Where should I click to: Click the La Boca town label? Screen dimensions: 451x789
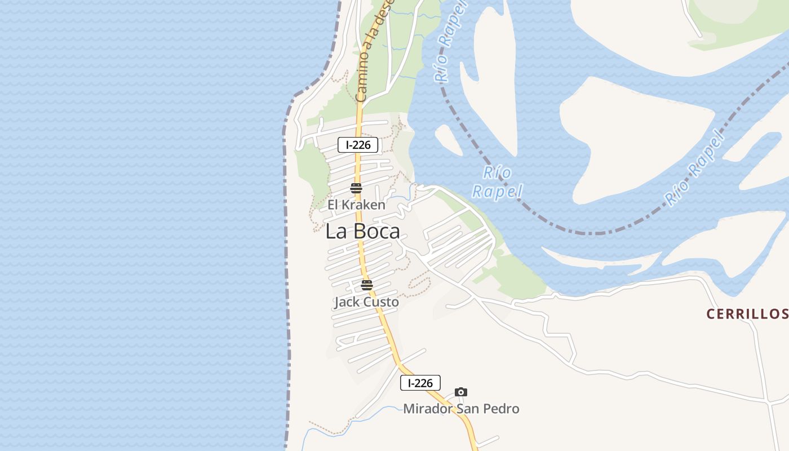[363, 231]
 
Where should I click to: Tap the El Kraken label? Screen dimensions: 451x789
[356, 205]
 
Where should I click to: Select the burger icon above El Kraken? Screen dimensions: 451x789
[356, 188]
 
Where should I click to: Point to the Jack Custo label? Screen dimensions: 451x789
[366, 302]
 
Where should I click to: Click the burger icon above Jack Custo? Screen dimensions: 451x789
[367, 285]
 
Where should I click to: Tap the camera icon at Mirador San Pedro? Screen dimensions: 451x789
[461, 392]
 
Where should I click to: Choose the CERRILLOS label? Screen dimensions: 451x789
[747, 314]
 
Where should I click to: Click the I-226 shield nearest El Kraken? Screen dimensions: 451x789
[358, 145]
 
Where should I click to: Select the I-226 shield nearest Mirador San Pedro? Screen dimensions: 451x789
[420, 383]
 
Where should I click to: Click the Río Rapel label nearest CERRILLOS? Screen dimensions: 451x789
[694, 169]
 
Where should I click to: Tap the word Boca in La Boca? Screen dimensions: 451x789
[376, 231]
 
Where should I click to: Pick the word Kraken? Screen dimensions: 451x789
[365, 205]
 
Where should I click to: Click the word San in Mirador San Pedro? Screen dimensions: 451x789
[468, 409]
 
